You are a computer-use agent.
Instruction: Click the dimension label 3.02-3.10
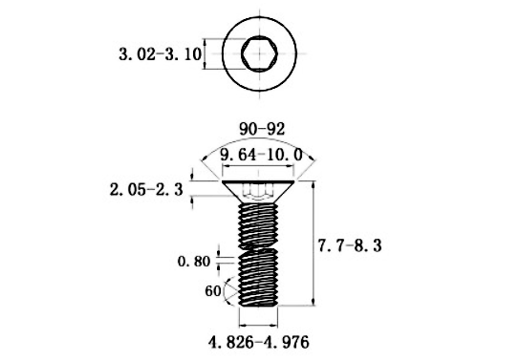click(x=160, y=54)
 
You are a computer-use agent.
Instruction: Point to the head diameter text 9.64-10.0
click(x=260, y=154)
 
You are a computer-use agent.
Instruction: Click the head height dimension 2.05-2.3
click(x=147, y=190)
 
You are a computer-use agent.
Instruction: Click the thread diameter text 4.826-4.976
click(x=259, y=340)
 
